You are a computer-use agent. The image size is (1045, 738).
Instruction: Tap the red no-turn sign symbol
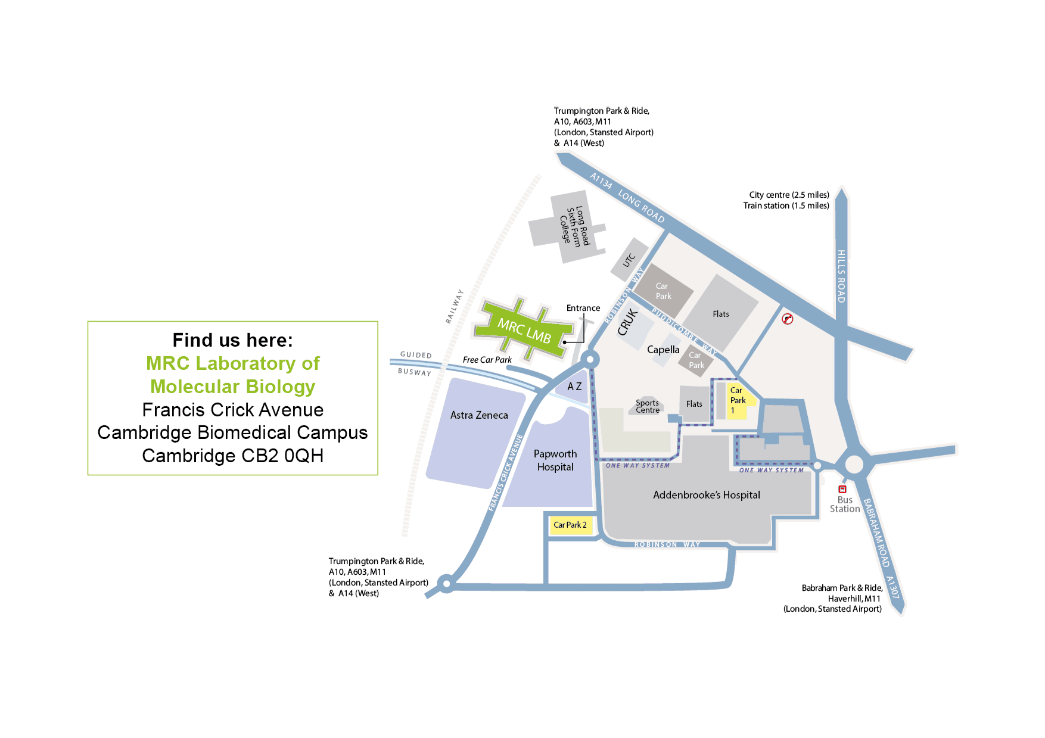(x=788, y=319)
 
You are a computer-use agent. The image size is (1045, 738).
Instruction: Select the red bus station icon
(x=842, y=490)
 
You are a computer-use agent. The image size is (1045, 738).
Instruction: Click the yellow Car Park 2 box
(x=570, y=525)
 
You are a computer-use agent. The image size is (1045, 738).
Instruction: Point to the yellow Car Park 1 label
(x=738, y=400)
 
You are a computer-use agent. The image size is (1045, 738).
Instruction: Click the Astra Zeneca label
(x=479, y=415)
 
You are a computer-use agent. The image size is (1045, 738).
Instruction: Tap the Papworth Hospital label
(x=555, y=460)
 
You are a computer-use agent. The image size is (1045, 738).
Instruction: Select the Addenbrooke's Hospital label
(x=707, y=495)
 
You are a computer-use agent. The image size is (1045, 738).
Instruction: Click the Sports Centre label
(x=648, y=406)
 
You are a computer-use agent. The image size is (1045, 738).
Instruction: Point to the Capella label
(x=663, y=350)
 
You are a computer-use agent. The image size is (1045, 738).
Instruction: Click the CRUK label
(x=627, y=322)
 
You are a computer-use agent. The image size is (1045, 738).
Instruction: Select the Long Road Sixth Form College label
(x=574, y=226)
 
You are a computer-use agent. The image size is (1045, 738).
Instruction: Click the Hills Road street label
(x=841, y=276)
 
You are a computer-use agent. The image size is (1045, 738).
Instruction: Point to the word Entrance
(x=583, y=308)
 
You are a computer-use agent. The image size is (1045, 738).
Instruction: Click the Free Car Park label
(x=487, y=360)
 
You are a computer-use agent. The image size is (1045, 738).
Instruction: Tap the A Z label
(x=574, y=387)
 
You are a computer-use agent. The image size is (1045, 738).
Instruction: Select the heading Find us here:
(x=233, y=340)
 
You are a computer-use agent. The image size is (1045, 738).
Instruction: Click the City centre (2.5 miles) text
(x=789, y=195)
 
